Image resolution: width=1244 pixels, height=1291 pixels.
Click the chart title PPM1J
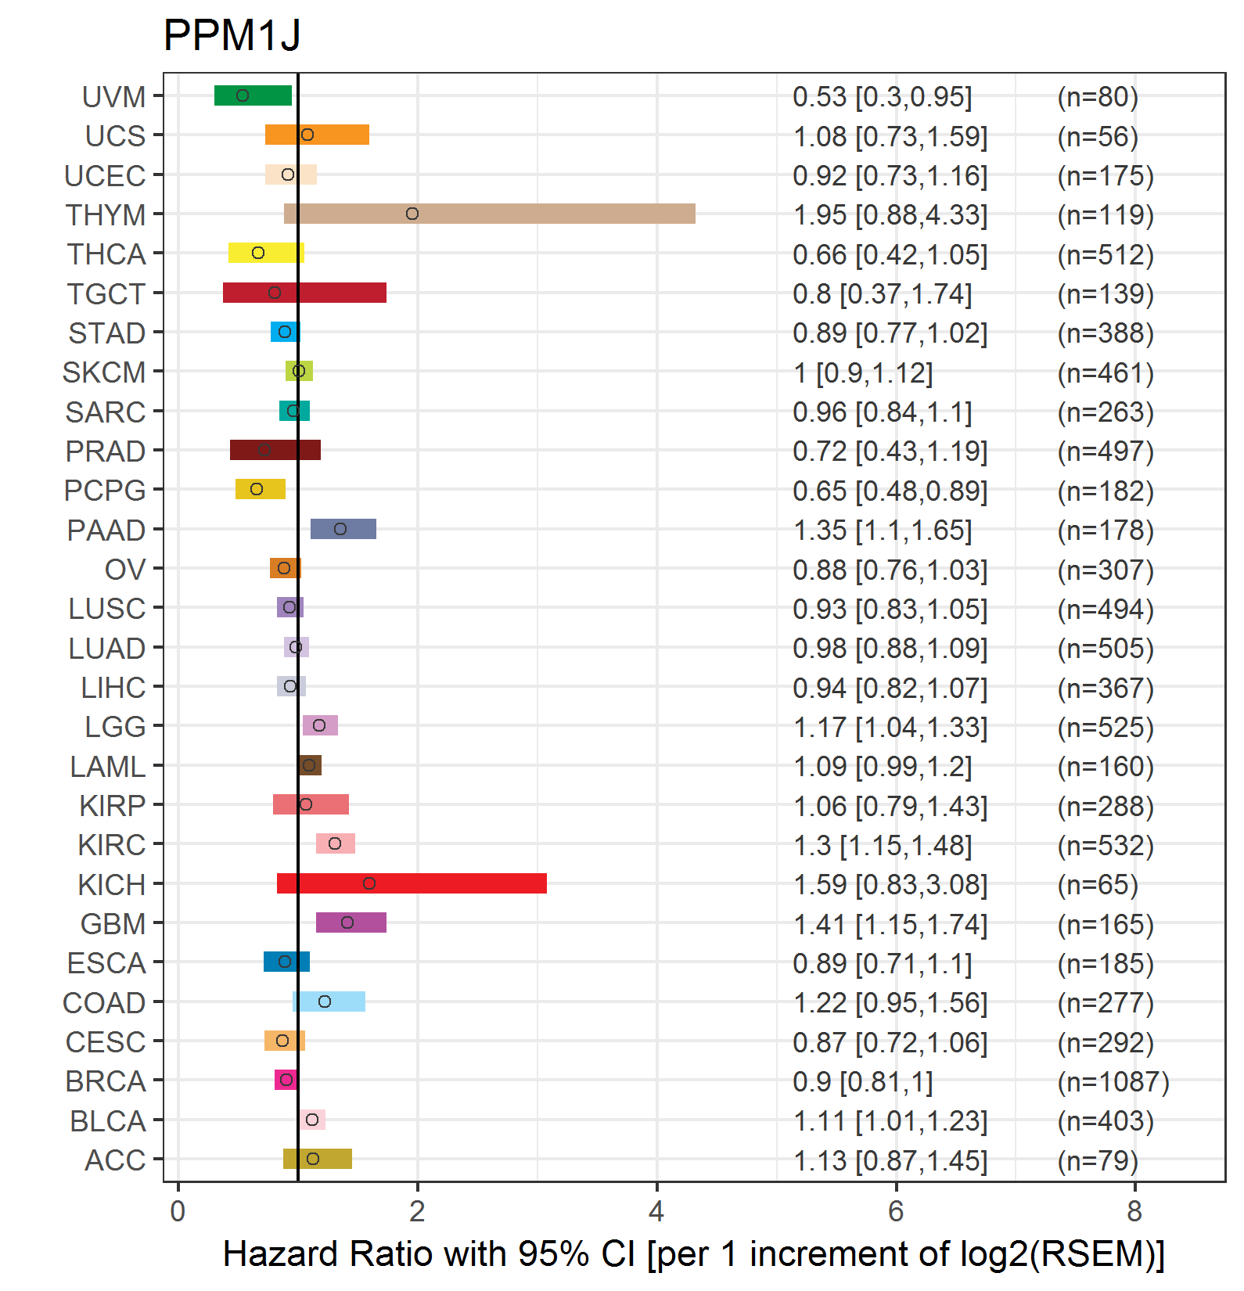click(232, 35)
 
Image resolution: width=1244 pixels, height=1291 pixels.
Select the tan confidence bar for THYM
click(490, 214)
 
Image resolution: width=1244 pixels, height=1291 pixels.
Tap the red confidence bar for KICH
click(412, 883)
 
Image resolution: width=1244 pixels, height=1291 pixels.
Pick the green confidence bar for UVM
click(253, 95)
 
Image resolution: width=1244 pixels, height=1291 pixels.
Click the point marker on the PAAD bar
click(340, 529)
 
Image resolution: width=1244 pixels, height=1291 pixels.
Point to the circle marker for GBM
click(347, 922)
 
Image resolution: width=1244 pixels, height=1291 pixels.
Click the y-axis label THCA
click(106, 254)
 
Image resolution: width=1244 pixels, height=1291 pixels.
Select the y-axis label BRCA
click(106, 1081)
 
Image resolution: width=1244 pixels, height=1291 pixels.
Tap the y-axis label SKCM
click(104, 372)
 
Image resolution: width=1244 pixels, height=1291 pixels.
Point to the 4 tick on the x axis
click(656, 1211)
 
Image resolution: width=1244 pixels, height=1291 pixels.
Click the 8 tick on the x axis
click(1134, 1211)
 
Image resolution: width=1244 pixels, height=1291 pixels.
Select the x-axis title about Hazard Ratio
click(694, 1253)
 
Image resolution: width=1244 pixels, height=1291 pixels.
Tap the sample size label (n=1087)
click(1113, 1081)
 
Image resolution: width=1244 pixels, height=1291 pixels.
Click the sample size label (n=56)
click(1098, 136)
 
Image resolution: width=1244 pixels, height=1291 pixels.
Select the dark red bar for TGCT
click(304, 293)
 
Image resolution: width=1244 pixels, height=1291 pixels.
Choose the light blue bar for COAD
click(329, 1002)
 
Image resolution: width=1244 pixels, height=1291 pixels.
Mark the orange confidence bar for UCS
click(317, 135)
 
